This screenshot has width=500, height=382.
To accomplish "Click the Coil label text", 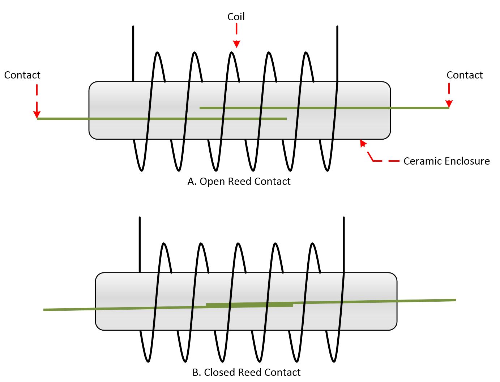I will pyautogui.click(x=236, y=17).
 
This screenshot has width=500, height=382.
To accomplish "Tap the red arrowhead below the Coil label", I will pyautogui.click(x=236, y=44).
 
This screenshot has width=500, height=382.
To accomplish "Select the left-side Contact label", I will pyautogui.click(x=22, y=75).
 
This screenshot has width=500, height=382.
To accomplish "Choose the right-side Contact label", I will pyautogui.click(x=465, y=75).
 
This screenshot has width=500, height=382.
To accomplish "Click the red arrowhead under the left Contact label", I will pyautogui.click(x=37, y=114).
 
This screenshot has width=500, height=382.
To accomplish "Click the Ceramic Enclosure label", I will pyautogui.click(x=446, y=161).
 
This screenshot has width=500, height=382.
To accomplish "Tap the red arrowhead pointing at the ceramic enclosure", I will pyautogui.click(x=363, y=143).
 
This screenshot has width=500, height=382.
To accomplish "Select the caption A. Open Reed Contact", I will pyautogui.click(x=239, y=181).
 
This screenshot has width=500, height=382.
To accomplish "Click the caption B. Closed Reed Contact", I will pyautogui.click(x=246, y=372).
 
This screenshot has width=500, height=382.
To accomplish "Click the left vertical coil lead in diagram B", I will pyautogui.click(x=140, y=245).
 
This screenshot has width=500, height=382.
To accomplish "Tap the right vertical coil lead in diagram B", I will pyautogui.click(x=343, y=245).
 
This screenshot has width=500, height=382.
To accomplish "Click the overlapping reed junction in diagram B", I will pyautogui.click(x=249, y=305).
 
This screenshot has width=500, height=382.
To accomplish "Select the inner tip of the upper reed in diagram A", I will pyautogui.click(x=201, y=108).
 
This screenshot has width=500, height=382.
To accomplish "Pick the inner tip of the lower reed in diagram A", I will pyautogui.click(x=286, y=119).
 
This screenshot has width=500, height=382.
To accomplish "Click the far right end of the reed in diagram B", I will pyautogui.click(x=454, y=300).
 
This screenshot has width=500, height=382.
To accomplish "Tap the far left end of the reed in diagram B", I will pyautogui.click(x=44, y=310).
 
